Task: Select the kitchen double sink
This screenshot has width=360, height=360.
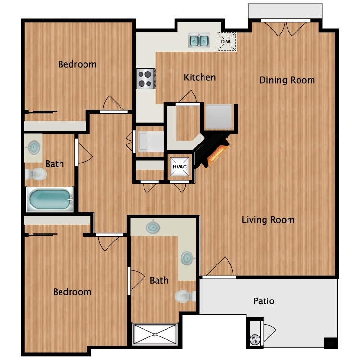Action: (199, 40)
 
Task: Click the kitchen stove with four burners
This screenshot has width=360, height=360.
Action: (146, 78)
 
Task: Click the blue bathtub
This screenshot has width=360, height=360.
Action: (49, 199)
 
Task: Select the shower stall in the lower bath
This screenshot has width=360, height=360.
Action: (155, 334)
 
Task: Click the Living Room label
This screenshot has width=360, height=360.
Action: (268, 220)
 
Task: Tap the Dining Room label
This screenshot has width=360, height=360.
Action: (287, 80)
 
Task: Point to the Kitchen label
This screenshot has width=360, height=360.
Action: (200, 77)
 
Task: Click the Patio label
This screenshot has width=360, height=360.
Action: (264, 301)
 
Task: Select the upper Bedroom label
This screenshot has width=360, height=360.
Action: (77, 64)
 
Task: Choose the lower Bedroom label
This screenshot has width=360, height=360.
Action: (72, 292)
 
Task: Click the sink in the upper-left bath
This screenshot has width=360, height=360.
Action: (34, 147)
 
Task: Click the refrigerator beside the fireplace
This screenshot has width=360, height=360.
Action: (219, 117)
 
